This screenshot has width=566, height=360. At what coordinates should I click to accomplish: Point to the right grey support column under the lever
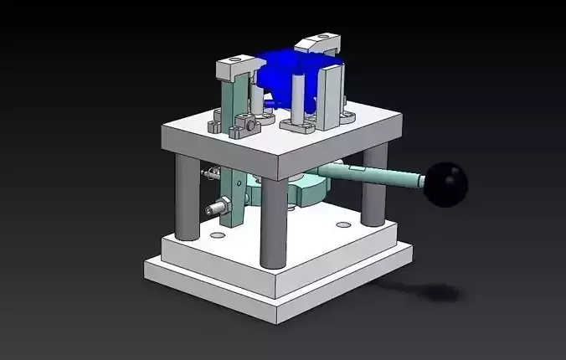click(x=374, y=188)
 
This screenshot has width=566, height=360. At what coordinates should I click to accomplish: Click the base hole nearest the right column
click(x=342, y=224)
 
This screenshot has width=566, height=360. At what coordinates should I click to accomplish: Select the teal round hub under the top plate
click(x=310, y=189)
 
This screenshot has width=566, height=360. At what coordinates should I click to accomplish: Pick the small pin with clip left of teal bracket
click(x=209, y=174)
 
